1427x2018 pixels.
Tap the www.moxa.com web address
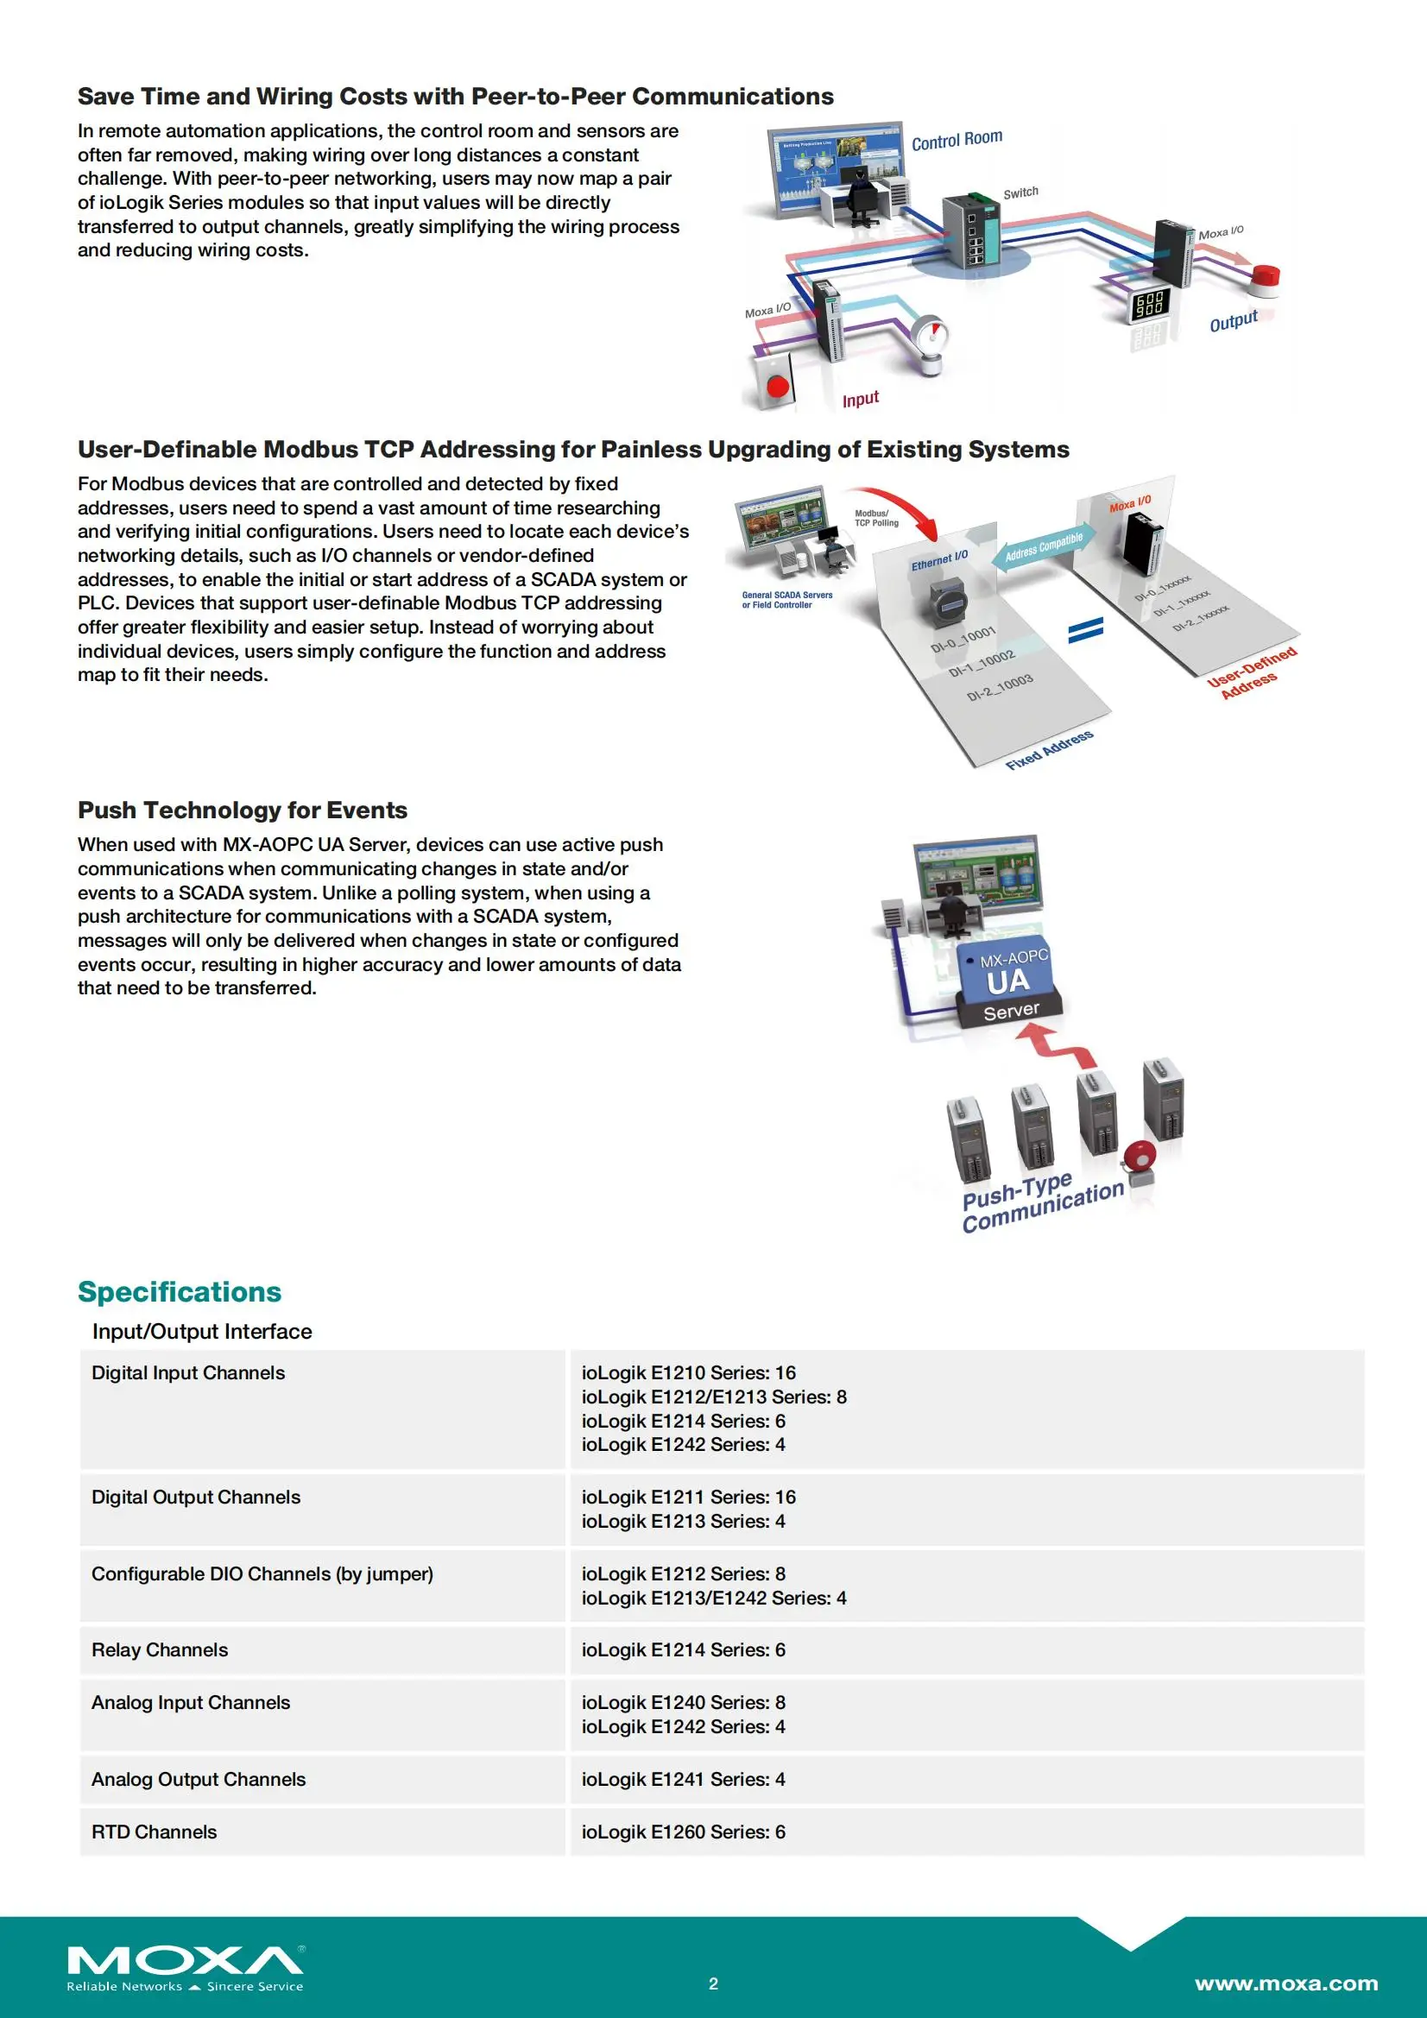[1285, 1983]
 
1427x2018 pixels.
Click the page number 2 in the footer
[713, 1983]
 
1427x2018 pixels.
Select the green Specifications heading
[180, 1291]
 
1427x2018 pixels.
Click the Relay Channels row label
[159, 1649]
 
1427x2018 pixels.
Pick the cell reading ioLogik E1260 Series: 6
[683, 1832]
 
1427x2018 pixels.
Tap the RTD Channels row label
[154, 1832]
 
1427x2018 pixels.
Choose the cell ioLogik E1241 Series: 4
[683, 1779]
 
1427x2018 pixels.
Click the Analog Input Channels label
[191, 1702]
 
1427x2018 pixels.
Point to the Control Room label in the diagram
[957, 140]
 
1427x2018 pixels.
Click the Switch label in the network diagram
[1020, 192]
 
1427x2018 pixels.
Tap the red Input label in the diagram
[860, 400]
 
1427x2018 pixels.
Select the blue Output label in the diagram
[1234, 322]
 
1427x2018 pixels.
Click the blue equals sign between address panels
[1085, 630]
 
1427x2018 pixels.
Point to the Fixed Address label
[1050, 750]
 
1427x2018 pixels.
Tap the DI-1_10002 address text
[982, 664]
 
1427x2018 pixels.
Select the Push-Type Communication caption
[1042, 1202]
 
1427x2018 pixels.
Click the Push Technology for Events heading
[243, 810]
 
